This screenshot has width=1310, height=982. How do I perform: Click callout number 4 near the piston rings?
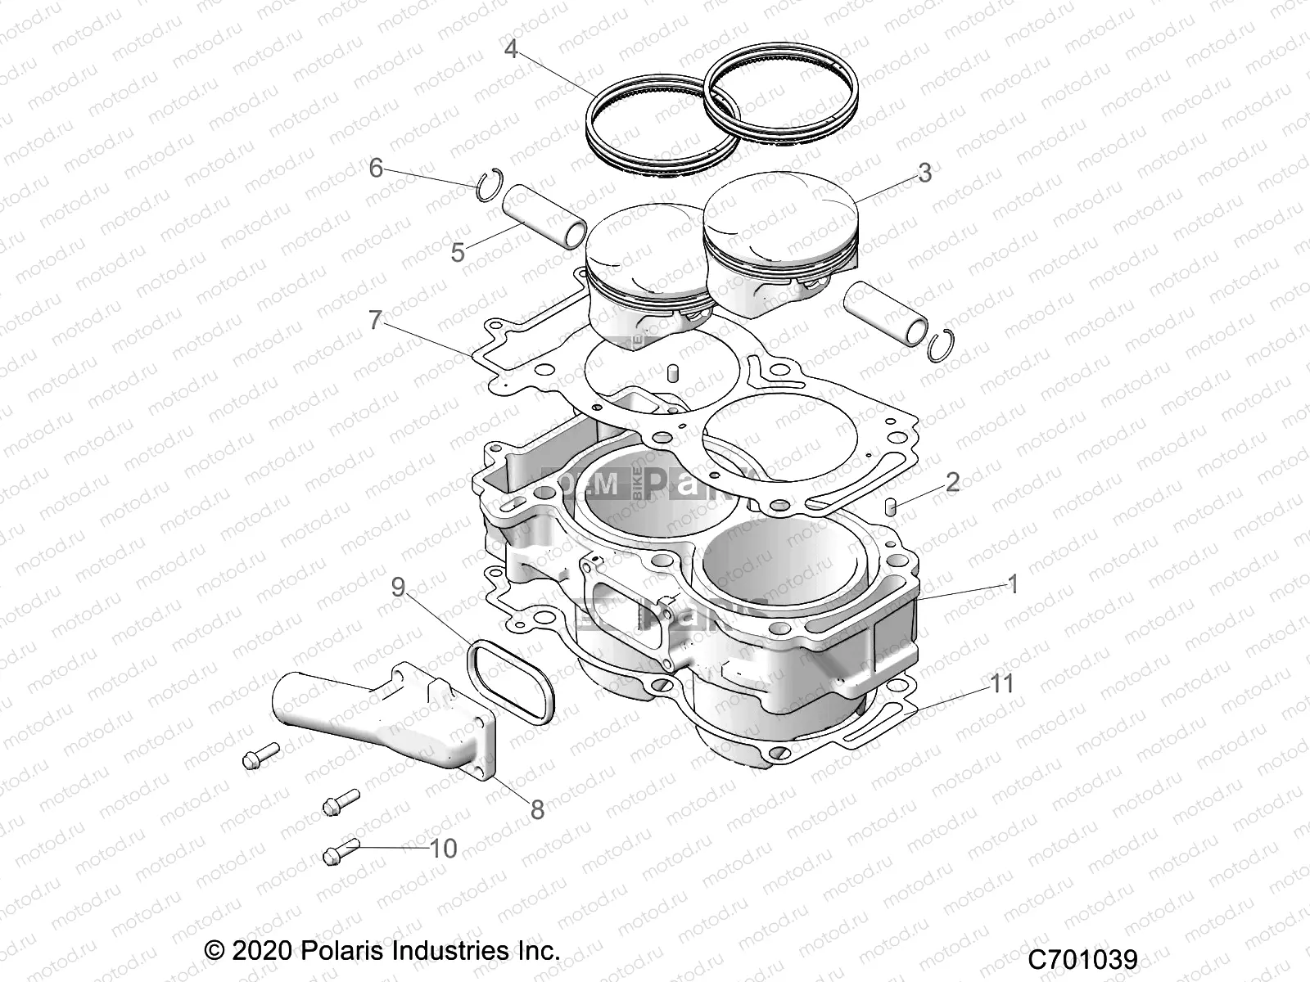[511, 49]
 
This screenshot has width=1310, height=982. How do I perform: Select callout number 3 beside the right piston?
[924, 173]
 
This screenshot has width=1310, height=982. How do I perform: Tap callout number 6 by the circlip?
[376, 169]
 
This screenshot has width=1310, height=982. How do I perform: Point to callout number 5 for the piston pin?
[458, 252]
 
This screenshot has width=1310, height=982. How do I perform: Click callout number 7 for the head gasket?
[375, 320]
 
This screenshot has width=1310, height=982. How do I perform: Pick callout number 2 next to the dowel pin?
[951, 481]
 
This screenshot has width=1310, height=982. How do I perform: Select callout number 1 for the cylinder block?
[1012, 584]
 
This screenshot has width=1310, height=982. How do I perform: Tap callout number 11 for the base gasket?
[1002, 682]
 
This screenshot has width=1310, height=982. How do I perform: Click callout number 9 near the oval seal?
[398, 588]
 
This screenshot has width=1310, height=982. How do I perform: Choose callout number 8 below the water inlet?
[537, 810]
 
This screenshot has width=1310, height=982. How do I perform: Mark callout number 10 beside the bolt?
[443, 848]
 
